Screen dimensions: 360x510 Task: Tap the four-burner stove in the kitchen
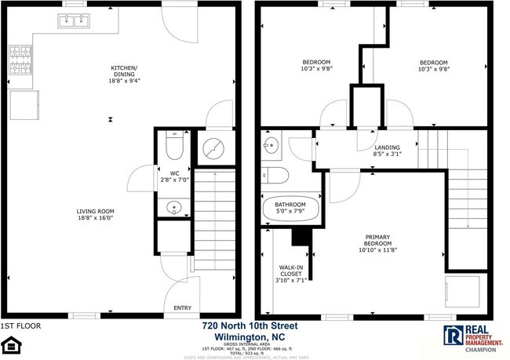click(x=19, y=57)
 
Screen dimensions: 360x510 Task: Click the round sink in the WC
click(x=174, y=208)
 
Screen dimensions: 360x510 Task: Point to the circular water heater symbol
click(x=213, y=147)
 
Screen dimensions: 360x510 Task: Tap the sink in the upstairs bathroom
click(x=270, y=144)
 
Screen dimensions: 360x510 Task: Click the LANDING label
click(x=387, y=147)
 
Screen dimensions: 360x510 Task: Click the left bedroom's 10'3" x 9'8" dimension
click(x=317, y=69)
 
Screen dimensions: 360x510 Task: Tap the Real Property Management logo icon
click(x=453, y=336)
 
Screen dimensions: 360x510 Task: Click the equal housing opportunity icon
click(x=11, y=344)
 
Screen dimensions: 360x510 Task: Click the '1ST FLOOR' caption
click(x=21, y=325)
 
